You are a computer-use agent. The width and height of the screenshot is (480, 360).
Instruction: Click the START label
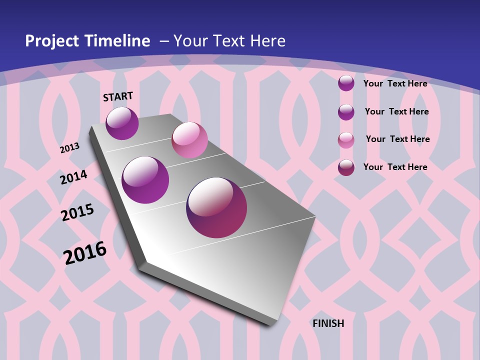pos(118,96)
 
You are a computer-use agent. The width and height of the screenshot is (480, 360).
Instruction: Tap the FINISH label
pos(328,323)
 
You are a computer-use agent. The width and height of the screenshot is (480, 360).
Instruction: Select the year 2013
pos(69,148)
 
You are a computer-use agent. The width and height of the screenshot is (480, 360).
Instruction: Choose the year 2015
pos(77,212)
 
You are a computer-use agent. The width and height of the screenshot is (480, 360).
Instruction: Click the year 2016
pos(85,252)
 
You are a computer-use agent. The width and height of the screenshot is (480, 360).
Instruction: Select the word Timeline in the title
pos(118,41)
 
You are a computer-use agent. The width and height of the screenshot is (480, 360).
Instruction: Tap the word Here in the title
pos(268,41)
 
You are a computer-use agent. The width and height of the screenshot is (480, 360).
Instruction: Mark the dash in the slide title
pos(164,41)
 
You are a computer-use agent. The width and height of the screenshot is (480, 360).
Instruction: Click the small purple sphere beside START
pos(122,123)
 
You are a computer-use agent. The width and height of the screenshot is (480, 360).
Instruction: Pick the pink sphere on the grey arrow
pos(189,140)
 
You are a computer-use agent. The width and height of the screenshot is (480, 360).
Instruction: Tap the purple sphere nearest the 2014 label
pos(145,180)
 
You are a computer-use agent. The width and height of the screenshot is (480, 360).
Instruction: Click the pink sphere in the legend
pos(346,140)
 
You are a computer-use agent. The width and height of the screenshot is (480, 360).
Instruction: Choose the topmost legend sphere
pos(346,83)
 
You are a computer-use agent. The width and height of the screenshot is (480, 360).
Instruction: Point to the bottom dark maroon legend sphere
pos(346,167)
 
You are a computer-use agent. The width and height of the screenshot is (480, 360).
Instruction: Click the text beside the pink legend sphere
pos(397,139)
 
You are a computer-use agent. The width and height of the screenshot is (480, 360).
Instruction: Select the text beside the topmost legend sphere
pos(395,83)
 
